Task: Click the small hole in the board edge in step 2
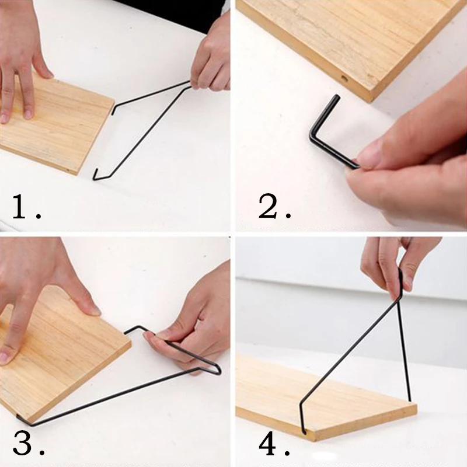344,79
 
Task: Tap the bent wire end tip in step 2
337,97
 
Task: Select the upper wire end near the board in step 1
113,111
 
